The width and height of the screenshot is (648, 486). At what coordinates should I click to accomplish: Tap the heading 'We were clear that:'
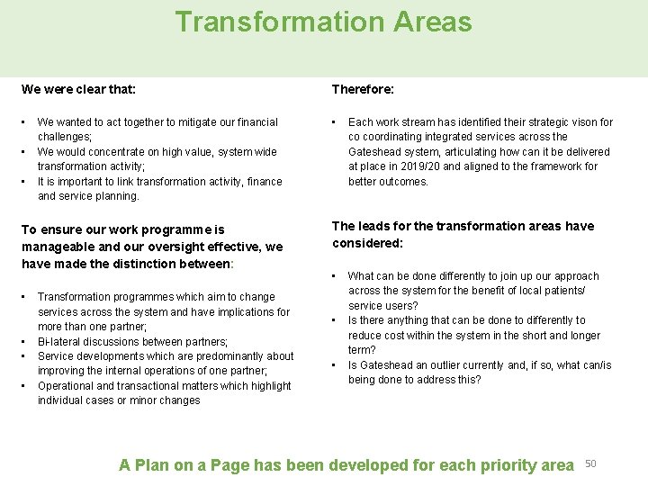coord(78,89)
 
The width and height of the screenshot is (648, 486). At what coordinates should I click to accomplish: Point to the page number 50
coord(591,463)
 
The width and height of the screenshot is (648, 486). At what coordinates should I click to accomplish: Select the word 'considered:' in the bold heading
coord(368,243)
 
